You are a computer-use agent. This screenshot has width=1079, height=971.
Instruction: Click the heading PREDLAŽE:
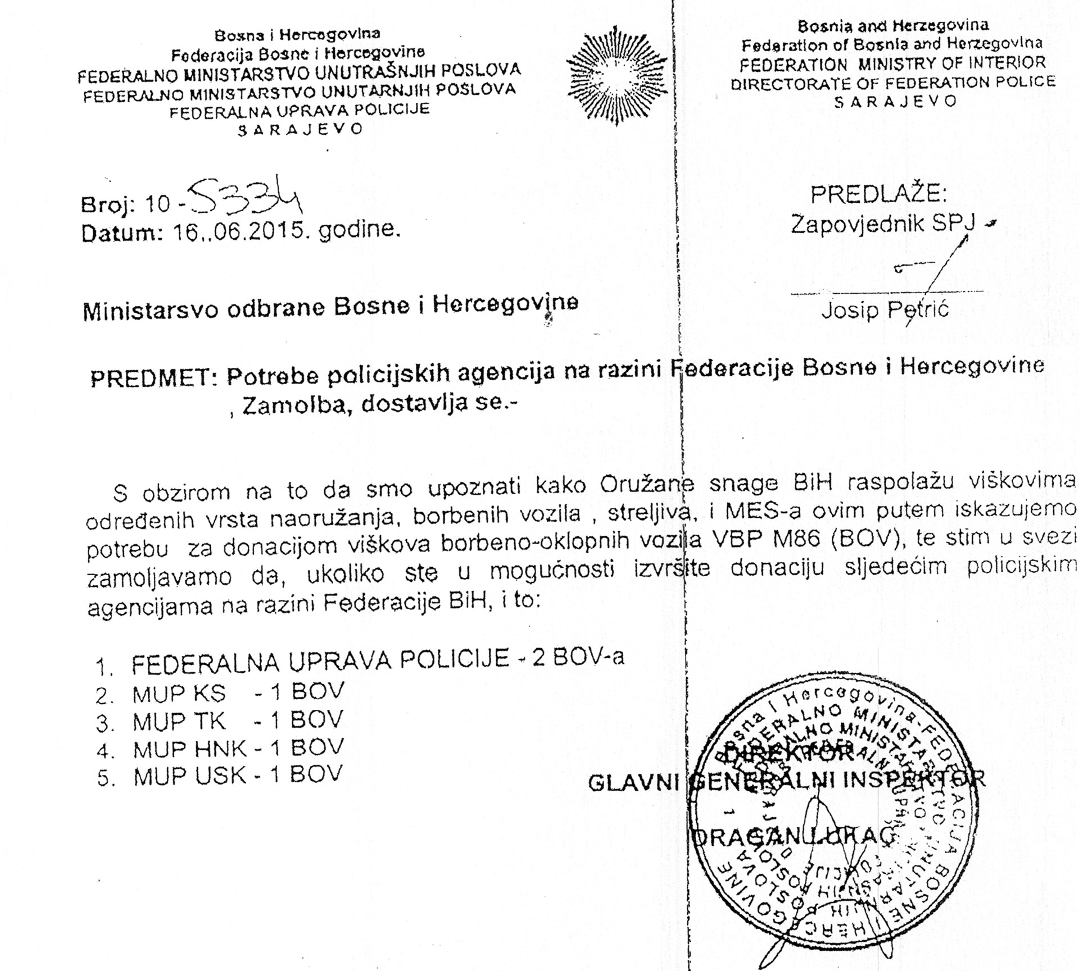click(878, 194)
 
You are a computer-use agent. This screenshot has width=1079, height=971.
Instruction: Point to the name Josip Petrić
click(885, 309)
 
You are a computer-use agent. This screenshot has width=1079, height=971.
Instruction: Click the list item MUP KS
click(179, 695)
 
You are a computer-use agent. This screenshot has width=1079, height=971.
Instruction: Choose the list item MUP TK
click(179, 722)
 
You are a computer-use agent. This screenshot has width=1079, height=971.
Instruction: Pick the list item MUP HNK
click(189, 749)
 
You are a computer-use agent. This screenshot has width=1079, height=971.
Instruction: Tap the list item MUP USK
click(190, 776)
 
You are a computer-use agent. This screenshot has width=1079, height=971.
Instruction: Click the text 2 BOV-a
click(578, 658)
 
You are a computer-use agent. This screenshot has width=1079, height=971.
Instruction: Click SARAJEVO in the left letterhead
click(300, 129)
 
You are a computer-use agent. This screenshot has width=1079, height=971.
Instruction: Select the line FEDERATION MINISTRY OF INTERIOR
click(892, 63)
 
